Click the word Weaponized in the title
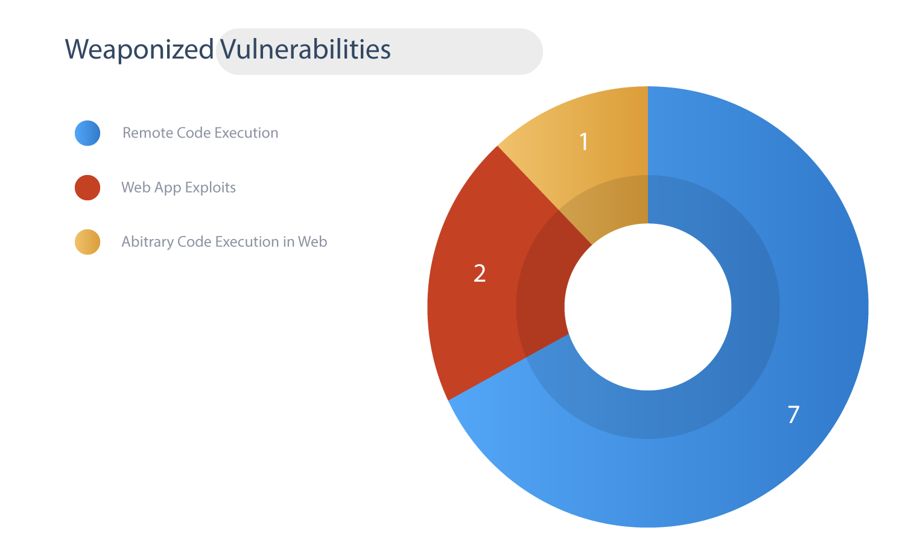139,49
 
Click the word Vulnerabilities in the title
305,49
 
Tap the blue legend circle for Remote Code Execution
87,133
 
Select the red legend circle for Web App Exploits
87,188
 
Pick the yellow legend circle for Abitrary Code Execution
87,242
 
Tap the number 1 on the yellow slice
584,142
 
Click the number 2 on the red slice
480,273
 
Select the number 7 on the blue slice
793,415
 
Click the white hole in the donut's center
648,307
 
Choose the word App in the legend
168,188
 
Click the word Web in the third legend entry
313,241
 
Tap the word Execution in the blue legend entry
247,133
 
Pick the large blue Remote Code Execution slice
773,366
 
